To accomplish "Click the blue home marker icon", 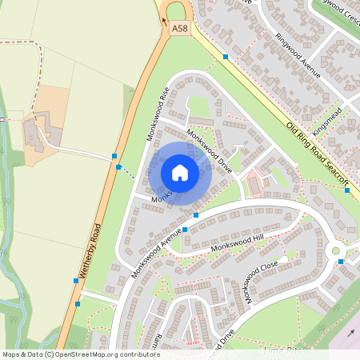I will pos(180,172).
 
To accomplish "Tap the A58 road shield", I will pos(180,28).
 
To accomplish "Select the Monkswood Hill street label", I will pos(237,248).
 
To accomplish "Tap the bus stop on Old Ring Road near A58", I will pos(226,57).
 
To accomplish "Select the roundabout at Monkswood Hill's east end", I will pos(336,250).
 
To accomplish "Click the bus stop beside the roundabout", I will pos(341,262).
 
